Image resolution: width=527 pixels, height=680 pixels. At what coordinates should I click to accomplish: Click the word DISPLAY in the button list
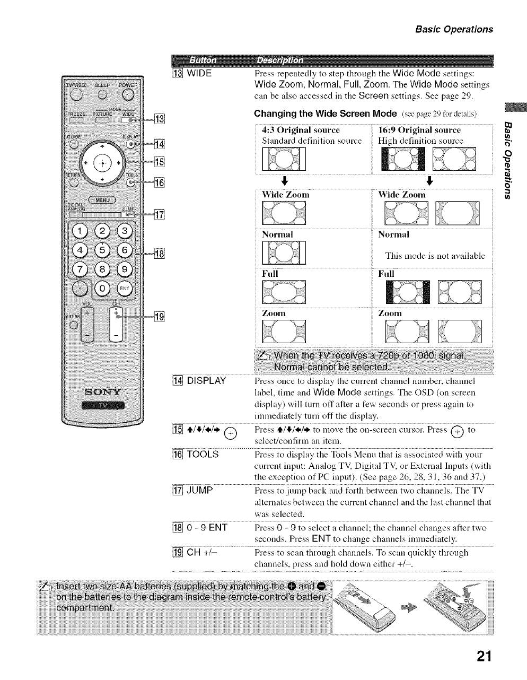[207, 381]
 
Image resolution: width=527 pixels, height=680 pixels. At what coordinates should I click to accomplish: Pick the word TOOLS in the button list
[204, 455]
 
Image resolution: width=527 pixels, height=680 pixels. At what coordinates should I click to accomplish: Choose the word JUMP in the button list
[200, 491]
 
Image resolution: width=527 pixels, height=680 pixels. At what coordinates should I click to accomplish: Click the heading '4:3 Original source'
[301, 130]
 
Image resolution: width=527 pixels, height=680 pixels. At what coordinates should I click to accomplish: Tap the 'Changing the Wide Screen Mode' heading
[326, 114]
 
